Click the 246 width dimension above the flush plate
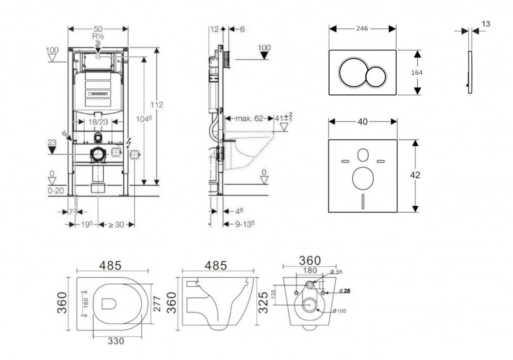362,29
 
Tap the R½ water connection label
97,37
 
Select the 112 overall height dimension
158,105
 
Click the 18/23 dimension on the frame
95,121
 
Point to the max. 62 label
250,119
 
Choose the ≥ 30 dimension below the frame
116,225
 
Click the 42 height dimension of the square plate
415,175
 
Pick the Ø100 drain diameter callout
340,311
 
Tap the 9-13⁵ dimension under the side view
242,225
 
